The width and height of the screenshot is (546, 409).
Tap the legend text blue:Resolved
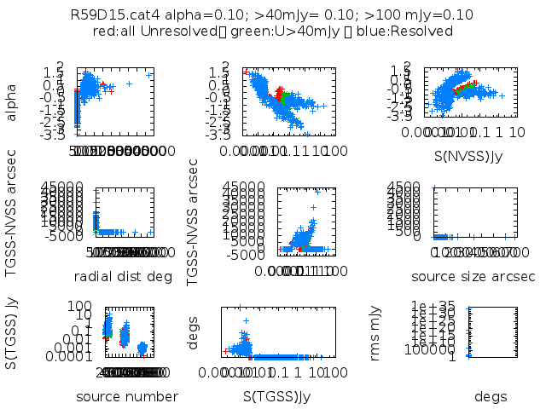tap(412, 32)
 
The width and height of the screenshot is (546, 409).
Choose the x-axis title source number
tap(127, 396)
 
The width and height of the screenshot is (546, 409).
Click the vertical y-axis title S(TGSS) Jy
tap(12, 333)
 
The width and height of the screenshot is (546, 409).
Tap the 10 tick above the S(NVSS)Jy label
tap(517, 133)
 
